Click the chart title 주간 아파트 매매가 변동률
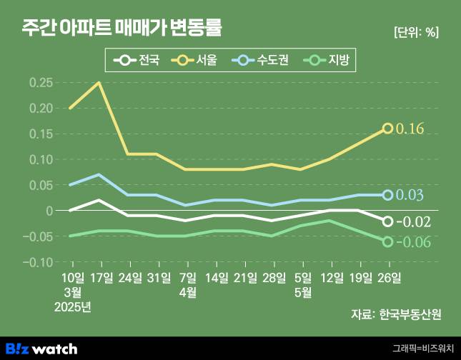point(122,28)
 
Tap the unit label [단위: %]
point(416,32)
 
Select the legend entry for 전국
point(140,61)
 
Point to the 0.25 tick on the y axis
point(41,83)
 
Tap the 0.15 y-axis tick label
point(41,134)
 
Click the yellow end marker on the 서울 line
point(387,129)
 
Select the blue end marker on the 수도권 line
point(387,195)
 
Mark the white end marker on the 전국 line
point(387,221)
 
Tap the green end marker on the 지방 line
point(387,241)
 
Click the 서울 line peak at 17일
point(99,83)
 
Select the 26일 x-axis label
point(388,277)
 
